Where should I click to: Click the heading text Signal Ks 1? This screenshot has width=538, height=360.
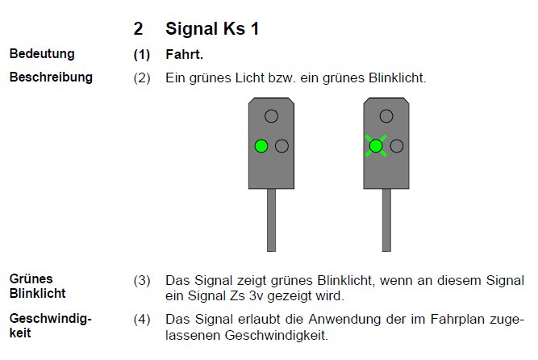point(212,28)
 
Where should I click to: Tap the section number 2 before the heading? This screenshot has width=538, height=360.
point(138,29)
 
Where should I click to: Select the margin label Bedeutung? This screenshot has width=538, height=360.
point(42,54)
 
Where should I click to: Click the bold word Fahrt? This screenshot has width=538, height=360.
point(184,54)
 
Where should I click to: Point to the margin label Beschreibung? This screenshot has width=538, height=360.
point(51,77)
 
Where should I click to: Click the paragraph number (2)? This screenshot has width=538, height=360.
point(142,78)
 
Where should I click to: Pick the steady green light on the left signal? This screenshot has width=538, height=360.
point(261,146)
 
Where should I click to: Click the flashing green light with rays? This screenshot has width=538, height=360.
point(376,146)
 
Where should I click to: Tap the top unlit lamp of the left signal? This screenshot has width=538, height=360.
point(271,116)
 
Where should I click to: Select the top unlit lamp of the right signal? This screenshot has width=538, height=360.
point(386,116)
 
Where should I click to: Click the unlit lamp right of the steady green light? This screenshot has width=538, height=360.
point(282,146)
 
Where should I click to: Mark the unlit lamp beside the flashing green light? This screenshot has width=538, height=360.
point(397,146)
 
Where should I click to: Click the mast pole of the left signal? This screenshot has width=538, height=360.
point(271,220)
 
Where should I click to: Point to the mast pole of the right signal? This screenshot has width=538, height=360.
point(386,220)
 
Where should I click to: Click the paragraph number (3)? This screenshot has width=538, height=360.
point(142,281)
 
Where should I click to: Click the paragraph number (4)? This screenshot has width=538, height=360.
point(142,320)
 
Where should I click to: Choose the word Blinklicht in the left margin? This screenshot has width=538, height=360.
point(37,293)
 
